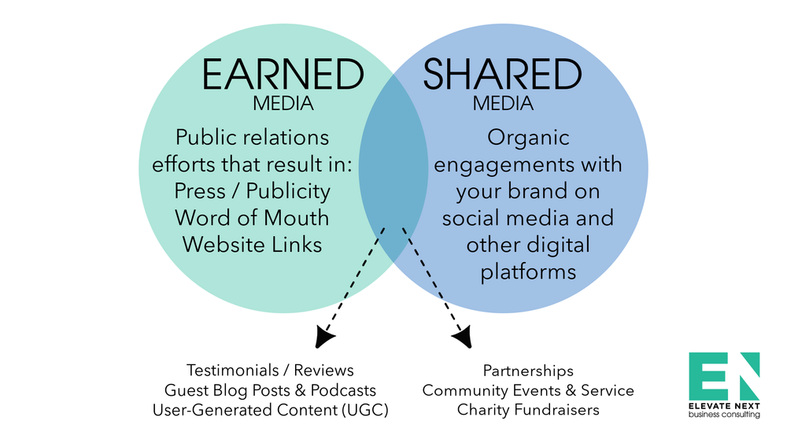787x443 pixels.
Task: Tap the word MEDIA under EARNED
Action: [x=283, y=104]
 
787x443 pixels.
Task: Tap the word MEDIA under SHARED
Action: [x=503, y=104]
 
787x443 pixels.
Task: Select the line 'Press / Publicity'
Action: [x=253, y=191]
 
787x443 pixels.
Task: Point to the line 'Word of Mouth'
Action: [x=253, y=218]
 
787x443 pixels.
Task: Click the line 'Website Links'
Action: [x=253, y=245]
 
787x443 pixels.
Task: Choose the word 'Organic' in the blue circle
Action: [x=527, y=138]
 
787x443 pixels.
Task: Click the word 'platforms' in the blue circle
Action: [x=527, y=272]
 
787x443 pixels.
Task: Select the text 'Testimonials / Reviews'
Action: [x=270, y=370]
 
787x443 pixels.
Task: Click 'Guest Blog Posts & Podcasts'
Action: [x=270, y=390]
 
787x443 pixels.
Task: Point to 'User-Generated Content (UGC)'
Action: [x=270, y=410]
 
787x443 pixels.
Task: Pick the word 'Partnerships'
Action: [x=528, y=370]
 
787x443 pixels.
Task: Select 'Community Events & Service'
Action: [x=528, y=390]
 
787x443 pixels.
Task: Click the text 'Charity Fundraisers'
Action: [x=528, y=410]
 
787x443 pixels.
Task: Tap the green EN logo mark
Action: [x=724, y=375]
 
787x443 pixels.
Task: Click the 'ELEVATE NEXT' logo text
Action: [x=724, y=406]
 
